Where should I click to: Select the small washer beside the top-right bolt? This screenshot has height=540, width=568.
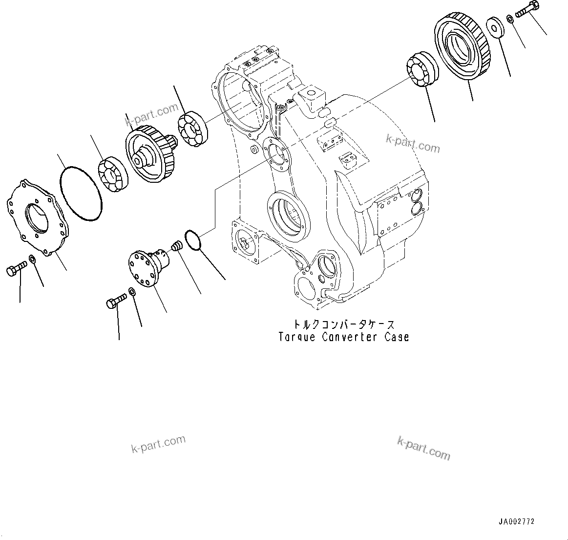[510, 19]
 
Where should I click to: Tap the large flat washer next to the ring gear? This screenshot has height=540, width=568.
[496, 26]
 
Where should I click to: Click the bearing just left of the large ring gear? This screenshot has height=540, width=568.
[422, 70]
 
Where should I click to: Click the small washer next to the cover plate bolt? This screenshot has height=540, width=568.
[32, 258]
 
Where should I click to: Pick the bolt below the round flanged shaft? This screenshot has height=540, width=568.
[116, 302]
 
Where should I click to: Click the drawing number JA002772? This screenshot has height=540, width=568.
[516, 521]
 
